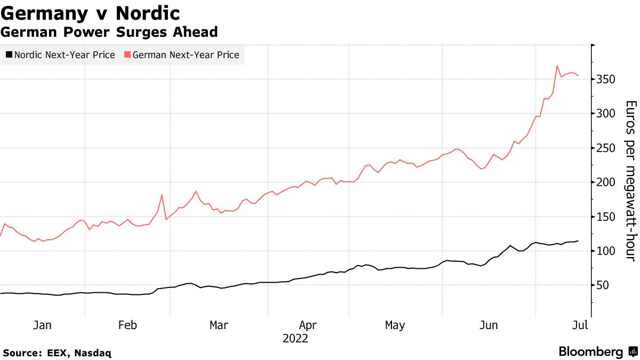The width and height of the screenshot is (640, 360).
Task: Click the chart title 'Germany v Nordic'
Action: pos(90,13)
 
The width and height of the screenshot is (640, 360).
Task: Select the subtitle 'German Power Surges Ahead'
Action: pos(109,32)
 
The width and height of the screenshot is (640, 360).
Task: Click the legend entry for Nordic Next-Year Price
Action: pos(60,54)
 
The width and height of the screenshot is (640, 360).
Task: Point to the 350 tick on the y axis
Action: pos(606,79)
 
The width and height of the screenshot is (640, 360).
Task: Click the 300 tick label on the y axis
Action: pos(606,114)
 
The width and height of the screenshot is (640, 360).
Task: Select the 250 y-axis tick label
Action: pos(606,148)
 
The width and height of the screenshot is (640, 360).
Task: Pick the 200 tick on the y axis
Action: pos(606,182)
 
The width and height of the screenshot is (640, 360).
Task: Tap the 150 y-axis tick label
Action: pos(606,217)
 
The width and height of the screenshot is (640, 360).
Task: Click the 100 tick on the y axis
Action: pos(606,251)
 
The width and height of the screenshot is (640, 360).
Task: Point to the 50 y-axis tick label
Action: pos(603,285)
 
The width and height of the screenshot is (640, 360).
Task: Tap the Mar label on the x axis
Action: pos(219,325)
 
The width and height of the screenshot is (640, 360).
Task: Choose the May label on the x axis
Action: pos(395,325)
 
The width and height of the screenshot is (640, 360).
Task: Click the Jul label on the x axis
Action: pos(580,325)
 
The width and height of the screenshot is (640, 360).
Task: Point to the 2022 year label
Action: pos(295,339)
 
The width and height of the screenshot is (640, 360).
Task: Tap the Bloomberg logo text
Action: pos(590,352)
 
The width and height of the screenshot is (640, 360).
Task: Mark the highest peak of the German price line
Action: pos(557,66)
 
